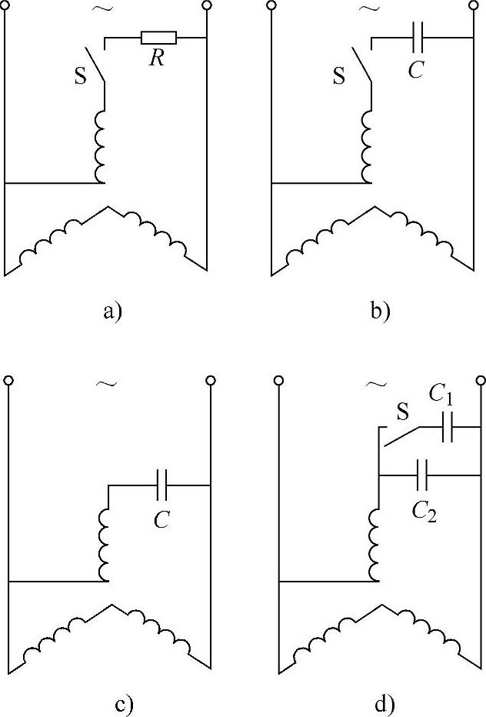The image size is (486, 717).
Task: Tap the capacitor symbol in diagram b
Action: tap(418, 37)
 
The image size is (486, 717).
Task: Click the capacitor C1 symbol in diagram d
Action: tap(448, 429)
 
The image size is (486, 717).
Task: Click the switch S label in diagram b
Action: tap(338, 75)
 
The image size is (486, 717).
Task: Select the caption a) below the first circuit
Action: tap(112, 311)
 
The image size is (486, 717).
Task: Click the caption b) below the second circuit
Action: tap(380, 311)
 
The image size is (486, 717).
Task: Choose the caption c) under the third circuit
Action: tap(112, 703)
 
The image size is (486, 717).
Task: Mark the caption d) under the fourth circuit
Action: tap(380, 703)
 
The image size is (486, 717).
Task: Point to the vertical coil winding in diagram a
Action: tap(99, 145)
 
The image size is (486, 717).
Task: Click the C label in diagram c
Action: tap(161, 521)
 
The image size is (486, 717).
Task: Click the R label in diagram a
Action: tap(157, 60)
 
